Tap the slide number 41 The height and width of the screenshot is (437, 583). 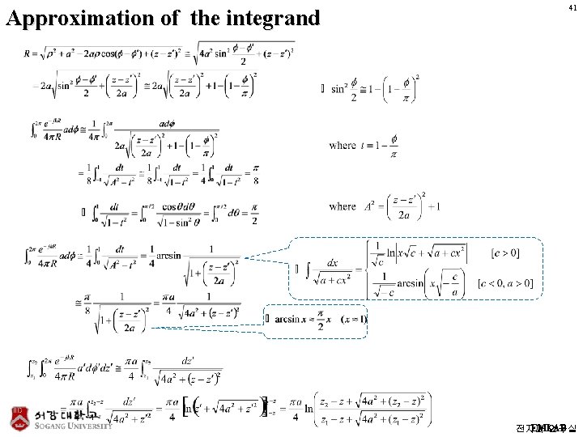[x=573, y=7]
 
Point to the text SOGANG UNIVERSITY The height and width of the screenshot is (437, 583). [x=74, y=426]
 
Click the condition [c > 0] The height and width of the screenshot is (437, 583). [x=505, y=253]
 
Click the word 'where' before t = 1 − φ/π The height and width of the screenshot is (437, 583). [x=342, y=145]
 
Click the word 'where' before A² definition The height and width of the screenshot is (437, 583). [x=342, y=206]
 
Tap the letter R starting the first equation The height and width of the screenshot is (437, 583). [x=29, y=53]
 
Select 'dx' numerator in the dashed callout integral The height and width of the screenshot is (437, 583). [x=333, y=262]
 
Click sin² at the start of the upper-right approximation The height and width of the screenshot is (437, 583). [x=339, y=88]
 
